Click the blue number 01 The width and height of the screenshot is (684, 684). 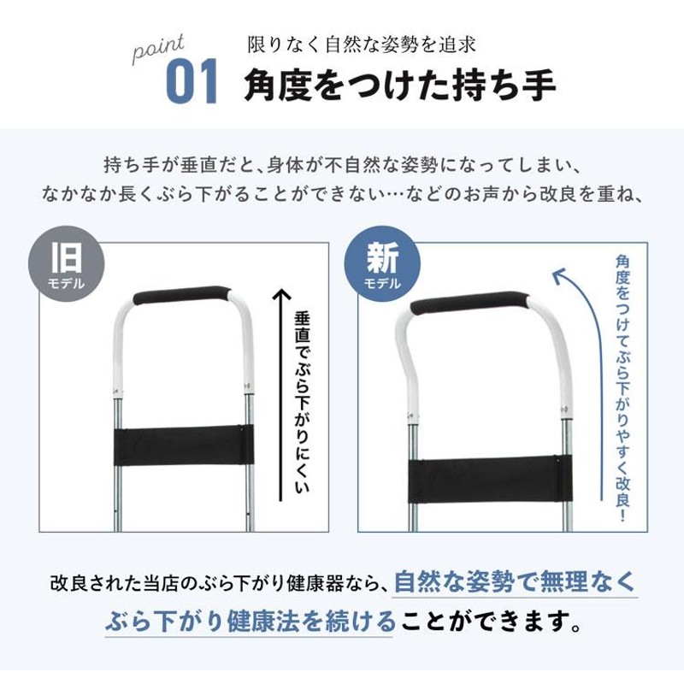tap(192, 81)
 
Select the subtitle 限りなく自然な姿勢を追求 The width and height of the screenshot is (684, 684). tap(361, 45)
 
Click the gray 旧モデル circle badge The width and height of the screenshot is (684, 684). tap(67, 263)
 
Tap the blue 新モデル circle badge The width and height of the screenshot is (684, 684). tap(382, 263)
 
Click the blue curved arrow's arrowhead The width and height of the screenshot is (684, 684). tap(558, 276)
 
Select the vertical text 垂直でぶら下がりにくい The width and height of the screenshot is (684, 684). tap(302, 402)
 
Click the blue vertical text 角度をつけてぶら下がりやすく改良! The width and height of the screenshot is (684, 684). tap(622, 389)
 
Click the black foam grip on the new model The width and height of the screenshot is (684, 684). tap(469, 303)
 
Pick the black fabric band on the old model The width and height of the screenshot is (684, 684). tap(184, 445)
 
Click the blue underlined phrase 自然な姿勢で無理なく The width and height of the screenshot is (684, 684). tap(515, 582)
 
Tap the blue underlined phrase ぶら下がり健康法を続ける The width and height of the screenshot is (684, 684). tap(251, 622)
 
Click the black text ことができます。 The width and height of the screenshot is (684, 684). tap(491, 622)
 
